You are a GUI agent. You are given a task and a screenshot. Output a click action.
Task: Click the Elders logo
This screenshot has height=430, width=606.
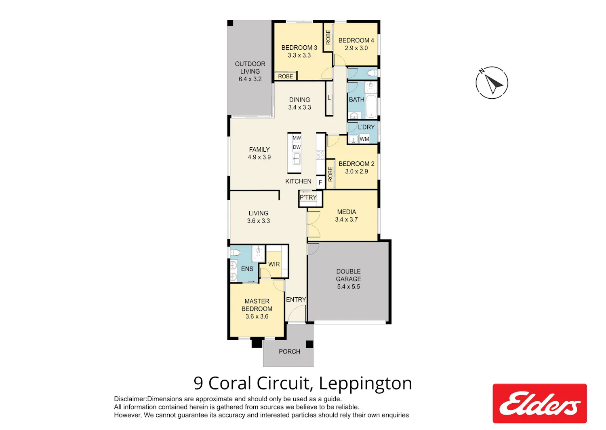[x=539, y=403]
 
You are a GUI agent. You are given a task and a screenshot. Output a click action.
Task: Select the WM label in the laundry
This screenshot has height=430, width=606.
[x=364, y=139]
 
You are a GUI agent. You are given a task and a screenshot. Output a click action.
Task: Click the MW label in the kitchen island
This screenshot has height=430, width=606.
[x=297, y=138]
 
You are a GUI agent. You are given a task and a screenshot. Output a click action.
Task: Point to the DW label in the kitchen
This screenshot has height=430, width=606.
[x=297, y=147]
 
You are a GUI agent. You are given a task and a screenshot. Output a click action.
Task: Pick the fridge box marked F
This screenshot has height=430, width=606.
[x=320, y=182]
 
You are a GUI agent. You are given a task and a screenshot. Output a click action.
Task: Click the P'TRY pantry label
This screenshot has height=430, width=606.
[x=308, y=197]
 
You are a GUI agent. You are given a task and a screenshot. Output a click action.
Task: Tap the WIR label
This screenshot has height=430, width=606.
[x=274, y=264]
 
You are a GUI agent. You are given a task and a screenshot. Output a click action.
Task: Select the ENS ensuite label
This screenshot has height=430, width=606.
[x=247, y=269]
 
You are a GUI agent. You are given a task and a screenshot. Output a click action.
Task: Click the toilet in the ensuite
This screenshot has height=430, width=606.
[x=235, y=253]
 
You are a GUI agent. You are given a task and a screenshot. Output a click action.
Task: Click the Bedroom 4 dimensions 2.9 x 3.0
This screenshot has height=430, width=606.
[x=356, y=48]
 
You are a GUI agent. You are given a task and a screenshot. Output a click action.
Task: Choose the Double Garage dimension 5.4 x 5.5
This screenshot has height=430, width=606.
[x=348, y=287]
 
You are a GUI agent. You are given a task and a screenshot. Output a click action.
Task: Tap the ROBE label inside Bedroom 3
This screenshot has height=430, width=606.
[x=285, y=76]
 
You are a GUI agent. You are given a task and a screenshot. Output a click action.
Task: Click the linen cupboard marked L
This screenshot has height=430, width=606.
[x=329, y=97]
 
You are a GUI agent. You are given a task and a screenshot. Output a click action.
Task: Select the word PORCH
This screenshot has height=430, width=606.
[x=290, y=352]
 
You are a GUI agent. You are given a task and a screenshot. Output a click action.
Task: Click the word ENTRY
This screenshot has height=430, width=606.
[x=296, y=300]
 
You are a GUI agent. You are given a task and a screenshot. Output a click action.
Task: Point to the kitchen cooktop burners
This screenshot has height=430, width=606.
[x=320, y=155]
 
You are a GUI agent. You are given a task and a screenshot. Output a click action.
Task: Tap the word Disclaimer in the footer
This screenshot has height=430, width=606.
[x=130, y=399]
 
